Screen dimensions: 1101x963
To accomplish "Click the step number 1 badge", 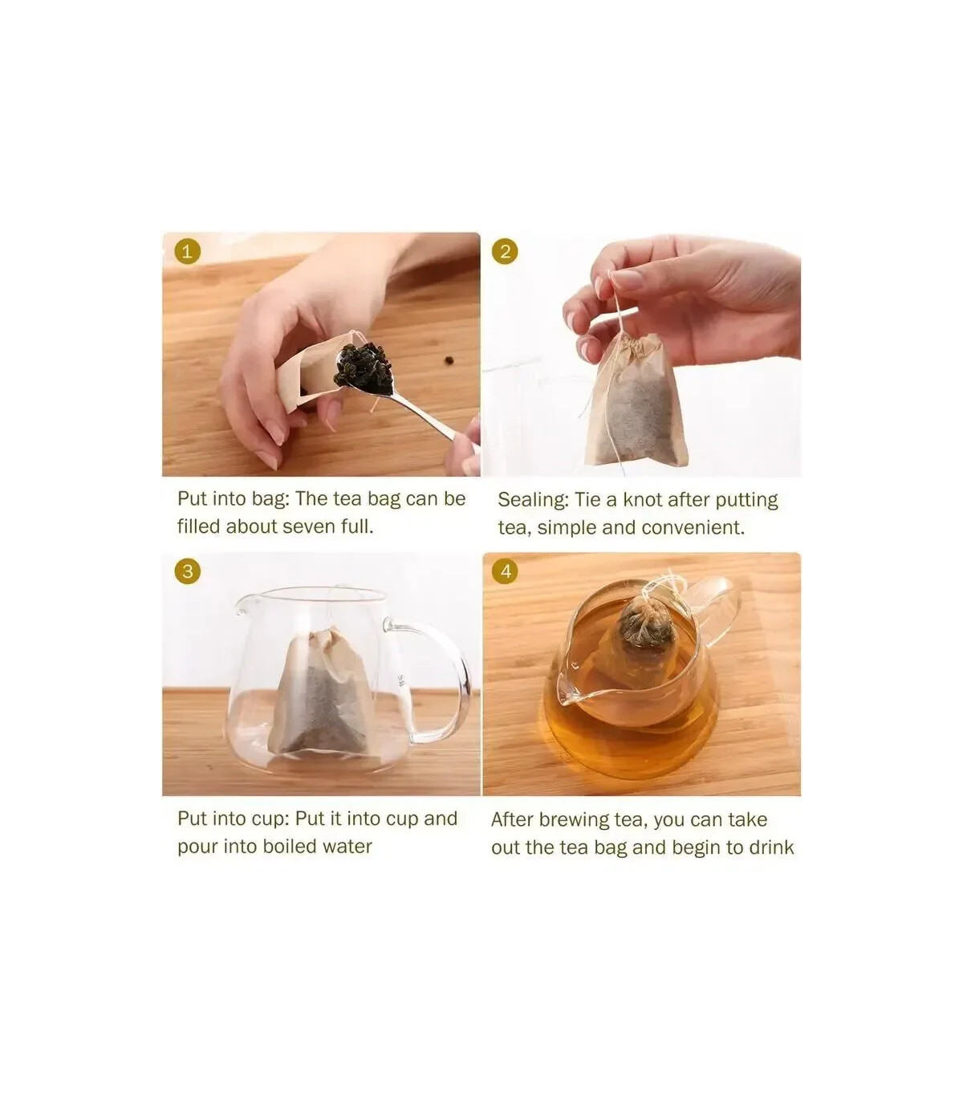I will (x=187, y=252).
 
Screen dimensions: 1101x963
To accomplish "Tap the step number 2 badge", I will (x=505, y=252).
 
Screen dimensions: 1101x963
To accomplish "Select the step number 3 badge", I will (x=187, y=571).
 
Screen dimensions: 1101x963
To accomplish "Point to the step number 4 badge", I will (x=505, y=571).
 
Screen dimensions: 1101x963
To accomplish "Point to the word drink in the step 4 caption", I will (x=770, y=847).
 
